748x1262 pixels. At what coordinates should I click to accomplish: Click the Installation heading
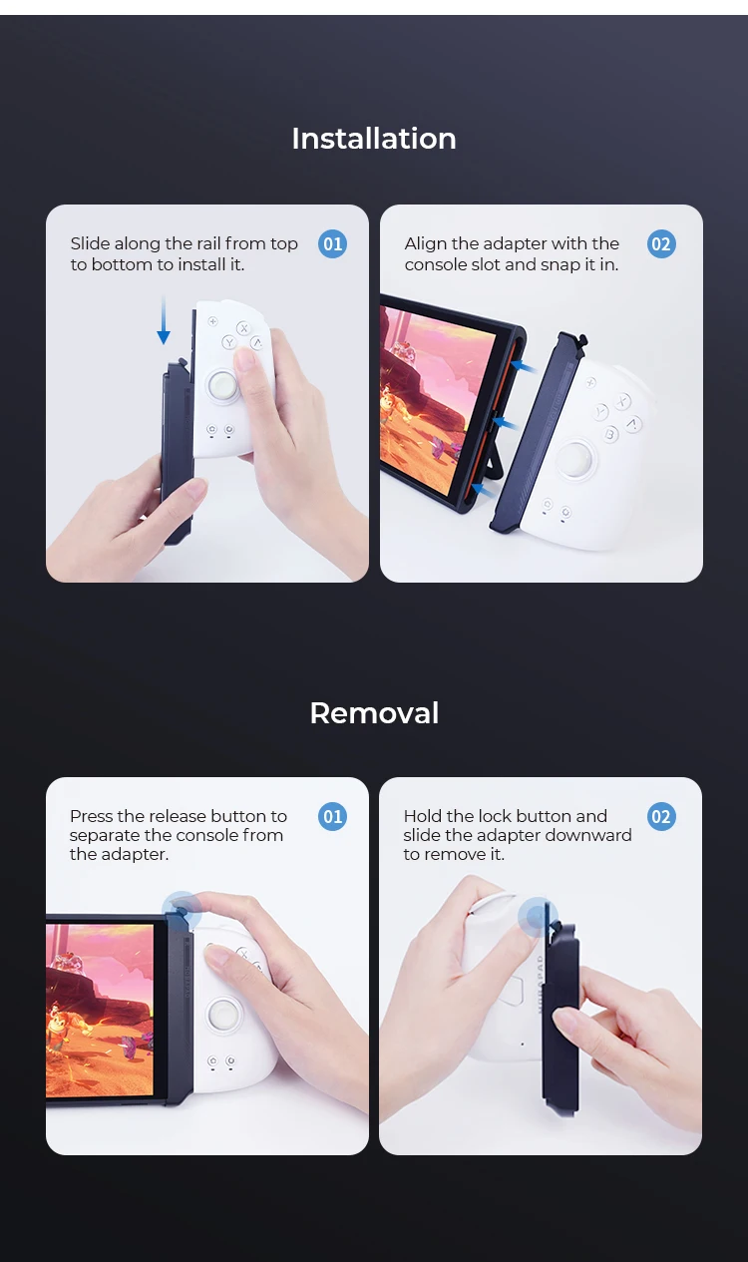pyautogui.click(x=374, y=139)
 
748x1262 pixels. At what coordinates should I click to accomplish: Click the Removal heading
pyautogui.click(x=374, y=713)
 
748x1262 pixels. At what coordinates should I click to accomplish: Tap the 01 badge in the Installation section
pyautogui.click(x=332, y=244)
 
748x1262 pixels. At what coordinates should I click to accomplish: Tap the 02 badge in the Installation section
pyautogui.click(x=661, y=244)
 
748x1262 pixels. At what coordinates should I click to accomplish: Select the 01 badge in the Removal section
pyautogui.click(x=332, y=816)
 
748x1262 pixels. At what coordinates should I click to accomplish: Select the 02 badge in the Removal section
pyautogui.click(x=661, y=816)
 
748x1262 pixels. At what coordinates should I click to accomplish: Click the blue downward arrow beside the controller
pyautogui.click(x=164, y=319)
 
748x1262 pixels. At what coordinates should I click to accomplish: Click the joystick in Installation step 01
pyautogui.click(x=223, y=386)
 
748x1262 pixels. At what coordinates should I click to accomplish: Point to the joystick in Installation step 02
pyautogui.click(x=575, y=459)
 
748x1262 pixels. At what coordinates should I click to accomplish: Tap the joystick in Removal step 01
pyautogui.click(x=223, y=1015)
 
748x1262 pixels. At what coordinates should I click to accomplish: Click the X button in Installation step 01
pyautogui.click(x=243, y=328)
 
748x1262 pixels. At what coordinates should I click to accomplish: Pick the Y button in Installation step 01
pyautogui.click(x=228, y=342)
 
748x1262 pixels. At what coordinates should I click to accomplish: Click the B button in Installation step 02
pyautogui.click(x=610, y=434)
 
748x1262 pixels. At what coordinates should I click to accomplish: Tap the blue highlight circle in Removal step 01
pyautogui.click(x=182, y=911)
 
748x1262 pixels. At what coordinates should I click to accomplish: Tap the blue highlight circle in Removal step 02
pyautogui.click(x=538, y=917)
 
